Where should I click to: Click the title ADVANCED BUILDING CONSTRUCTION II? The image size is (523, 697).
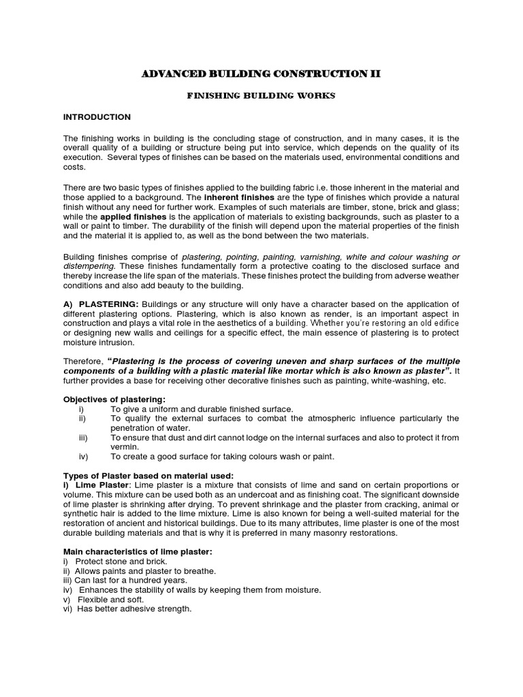click(x=261, y=74)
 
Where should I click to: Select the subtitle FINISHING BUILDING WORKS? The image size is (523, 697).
click(x=261, y=96)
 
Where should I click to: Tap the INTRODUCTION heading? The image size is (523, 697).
click(x=97, y=117)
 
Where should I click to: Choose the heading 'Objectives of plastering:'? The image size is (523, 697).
click(x=114, y=399)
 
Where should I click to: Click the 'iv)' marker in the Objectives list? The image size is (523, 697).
click(x=84, y=456)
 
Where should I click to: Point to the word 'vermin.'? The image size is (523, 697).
click(x=124, y=447)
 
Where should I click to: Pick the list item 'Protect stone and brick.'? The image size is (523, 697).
click(x=121, y=560)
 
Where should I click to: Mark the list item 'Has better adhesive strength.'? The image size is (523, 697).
click(x=134, y=609)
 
